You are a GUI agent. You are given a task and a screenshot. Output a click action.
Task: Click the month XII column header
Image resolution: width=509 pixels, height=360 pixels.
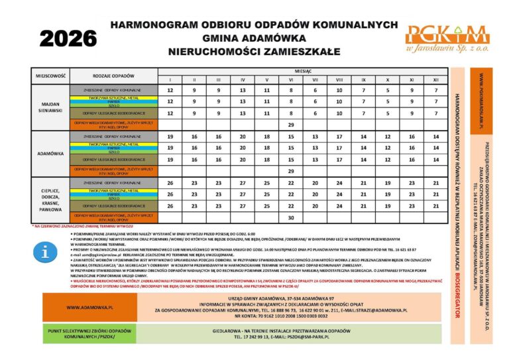[x=435, y=80]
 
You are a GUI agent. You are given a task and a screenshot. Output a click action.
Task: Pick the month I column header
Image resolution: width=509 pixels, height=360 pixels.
[x=170, y=80]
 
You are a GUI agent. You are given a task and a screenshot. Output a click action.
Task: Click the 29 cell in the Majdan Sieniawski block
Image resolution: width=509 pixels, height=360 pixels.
[x=290, y=124]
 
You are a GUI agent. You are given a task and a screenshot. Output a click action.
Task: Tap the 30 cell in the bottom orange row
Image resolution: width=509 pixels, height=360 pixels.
[x=290, y=217]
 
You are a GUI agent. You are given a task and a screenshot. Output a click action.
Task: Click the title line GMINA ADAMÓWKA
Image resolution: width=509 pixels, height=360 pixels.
[x=254, y=38]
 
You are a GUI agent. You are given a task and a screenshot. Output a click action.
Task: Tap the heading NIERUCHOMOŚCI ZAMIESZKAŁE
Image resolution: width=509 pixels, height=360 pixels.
[x=254, y=51]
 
